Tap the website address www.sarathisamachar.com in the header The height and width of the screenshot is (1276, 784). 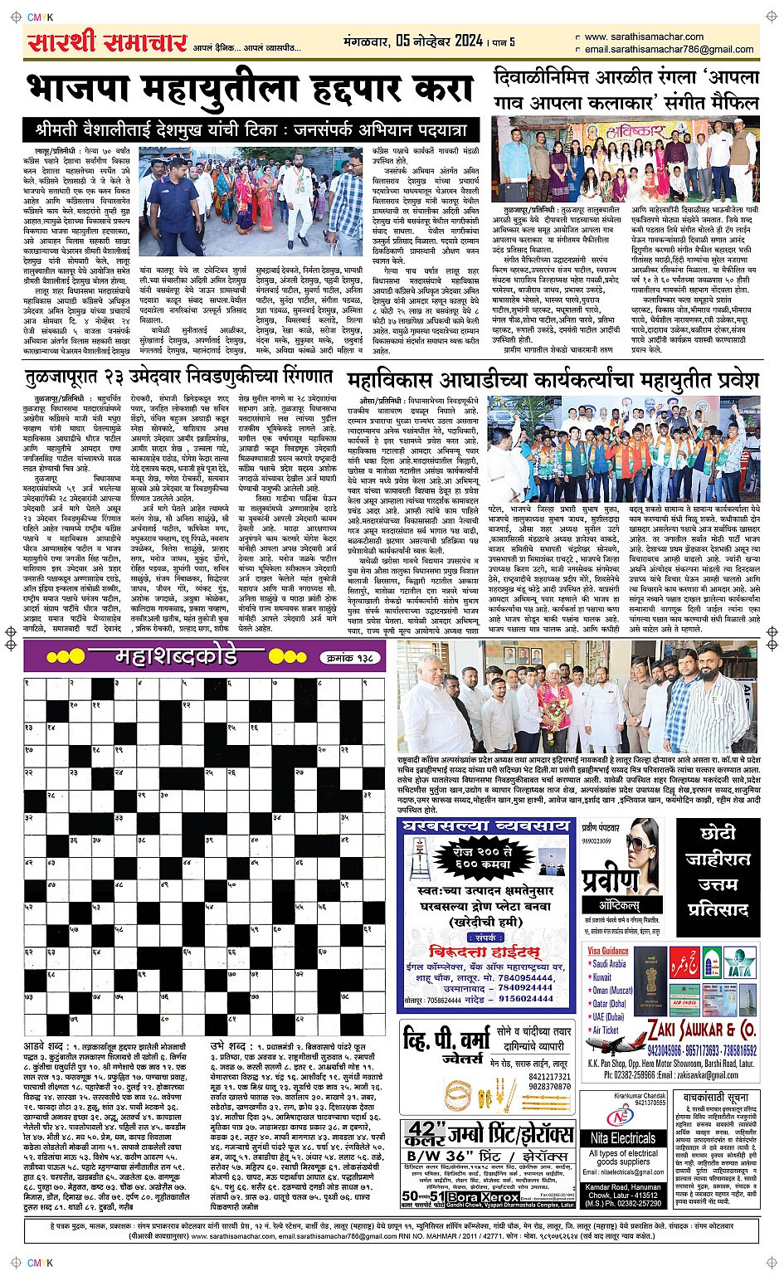644,37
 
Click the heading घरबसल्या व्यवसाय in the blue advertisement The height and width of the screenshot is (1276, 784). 486,826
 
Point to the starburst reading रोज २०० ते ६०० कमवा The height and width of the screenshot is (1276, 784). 485,859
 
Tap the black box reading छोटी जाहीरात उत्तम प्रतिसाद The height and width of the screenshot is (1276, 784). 718,870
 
